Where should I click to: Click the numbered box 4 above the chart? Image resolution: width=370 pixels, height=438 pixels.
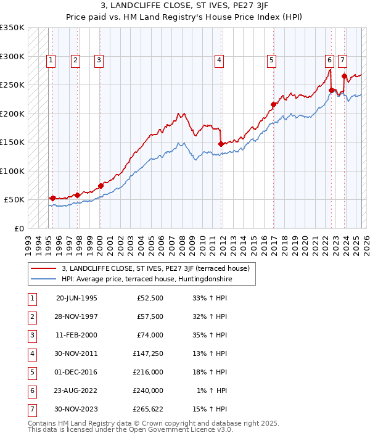point(219,60)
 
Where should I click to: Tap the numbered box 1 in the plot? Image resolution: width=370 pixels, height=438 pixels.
point(50,60)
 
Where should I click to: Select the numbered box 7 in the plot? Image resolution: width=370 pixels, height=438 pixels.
point(342,60)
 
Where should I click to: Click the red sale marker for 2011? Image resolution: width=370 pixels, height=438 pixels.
point(221,144)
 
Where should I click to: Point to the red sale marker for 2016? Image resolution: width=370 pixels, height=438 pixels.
point(273,104)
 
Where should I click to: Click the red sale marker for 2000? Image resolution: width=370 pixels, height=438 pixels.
point(100,186)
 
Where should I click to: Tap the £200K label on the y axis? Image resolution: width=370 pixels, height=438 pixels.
point(12,114)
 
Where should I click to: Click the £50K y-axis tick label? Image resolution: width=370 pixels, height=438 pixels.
point(14,200)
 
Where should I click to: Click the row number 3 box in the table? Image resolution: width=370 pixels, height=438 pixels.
point(31,336)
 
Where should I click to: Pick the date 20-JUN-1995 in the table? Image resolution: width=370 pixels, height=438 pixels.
point(76,298)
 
